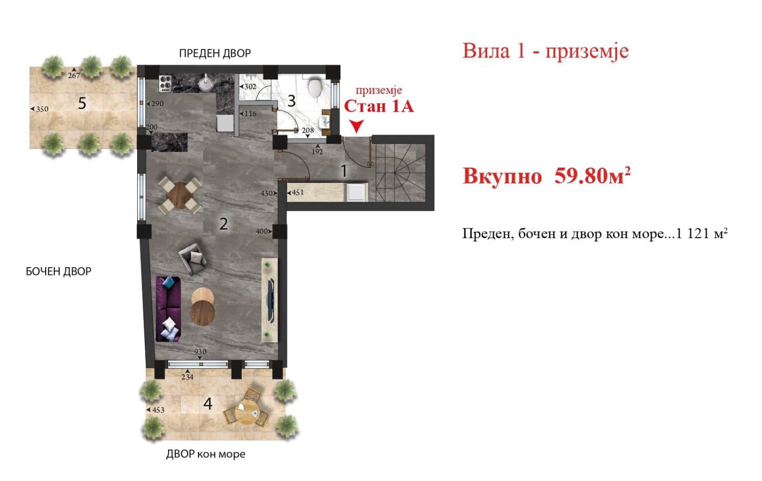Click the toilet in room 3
point(315,87)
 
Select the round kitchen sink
point(206,83)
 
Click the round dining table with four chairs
point(179,195)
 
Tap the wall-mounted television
point(272,300)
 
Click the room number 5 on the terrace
point(82,104)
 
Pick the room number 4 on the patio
point(208,404)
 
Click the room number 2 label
point(224,223)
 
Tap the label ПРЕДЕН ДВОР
point(215,53)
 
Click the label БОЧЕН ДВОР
point(58,272)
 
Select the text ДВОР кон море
point(206,454)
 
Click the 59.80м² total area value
point(592,176)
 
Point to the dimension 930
point(200,352)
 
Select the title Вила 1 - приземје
point(545,51)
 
